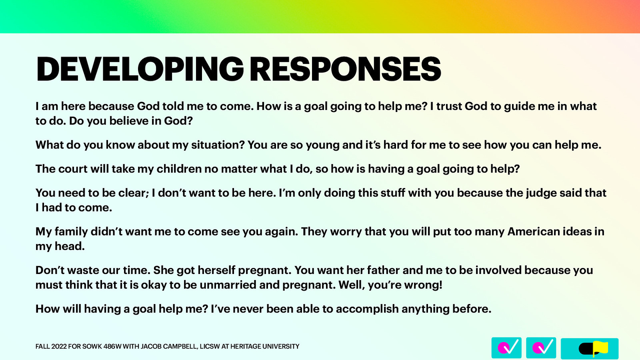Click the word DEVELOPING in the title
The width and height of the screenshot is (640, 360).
pos(140,69)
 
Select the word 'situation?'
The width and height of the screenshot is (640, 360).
pos(218,145)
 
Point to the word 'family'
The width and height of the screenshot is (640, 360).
pos(71,232)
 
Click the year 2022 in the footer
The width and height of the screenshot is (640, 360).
pos(59,346)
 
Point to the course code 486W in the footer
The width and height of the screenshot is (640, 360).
pos(112,346)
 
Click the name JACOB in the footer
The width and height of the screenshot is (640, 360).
pos(151,346)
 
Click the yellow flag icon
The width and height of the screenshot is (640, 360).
pos(600,348)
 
